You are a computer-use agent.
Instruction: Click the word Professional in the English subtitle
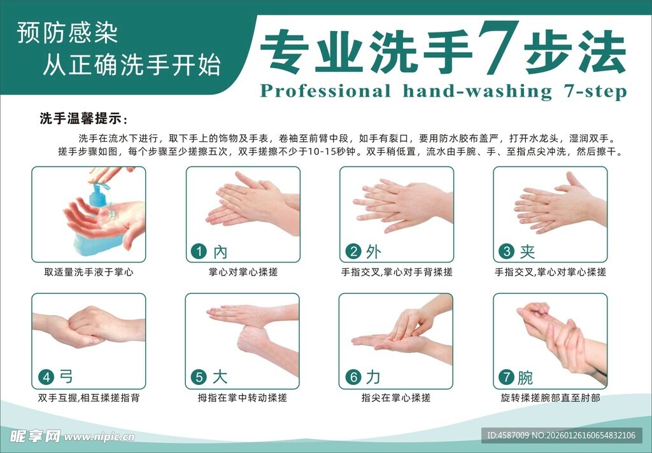[x=325, y=92]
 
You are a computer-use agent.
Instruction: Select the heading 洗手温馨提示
[x=83, y=119]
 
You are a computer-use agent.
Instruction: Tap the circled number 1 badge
[x=200, y=251]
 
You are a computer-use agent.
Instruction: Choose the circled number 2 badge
[x=353, y=251]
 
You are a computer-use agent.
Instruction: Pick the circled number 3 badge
[x=507, y=251]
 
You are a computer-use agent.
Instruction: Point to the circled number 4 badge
[x=46, y=377]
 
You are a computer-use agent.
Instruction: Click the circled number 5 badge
[x=200, y=377]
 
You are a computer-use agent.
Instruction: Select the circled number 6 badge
[x=353, y=377]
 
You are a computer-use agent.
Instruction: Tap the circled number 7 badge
[x=507, y=377]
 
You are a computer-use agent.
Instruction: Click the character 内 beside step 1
[x=220, y=252]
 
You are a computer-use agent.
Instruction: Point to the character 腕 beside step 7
[x=526, y=378]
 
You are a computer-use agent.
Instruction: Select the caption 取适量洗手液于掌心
[x=89, y=272]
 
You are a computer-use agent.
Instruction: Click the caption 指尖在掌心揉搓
[x=396, y=398]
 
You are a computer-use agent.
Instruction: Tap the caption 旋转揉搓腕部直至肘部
[x=550, y=398]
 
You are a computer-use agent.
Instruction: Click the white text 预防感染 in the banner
[x=67, y=34]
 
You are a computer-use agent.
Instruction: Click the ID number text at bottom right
[x=561, y=435]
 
